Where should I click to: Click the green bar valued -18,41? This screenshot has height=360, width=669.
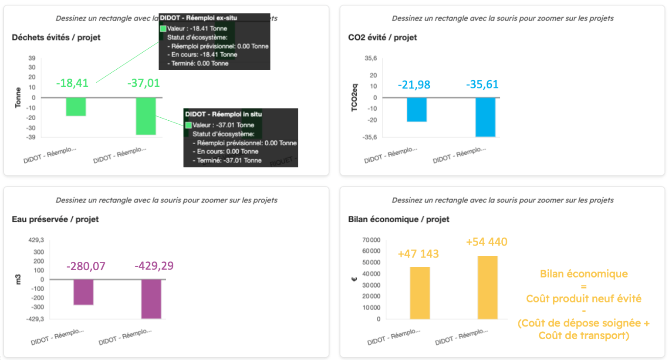pyautogui.click(x=76, y=107)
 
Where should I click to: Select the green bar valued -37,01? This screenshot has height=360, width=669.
pyautogui.click(x=146, y=116)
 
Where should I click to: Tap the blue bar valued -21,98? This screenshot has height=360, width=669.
pyautogui.click(x=416, y=109)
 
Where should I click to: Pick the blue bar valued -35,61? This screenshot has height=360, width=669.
pyautogui.click(x=485, y=117)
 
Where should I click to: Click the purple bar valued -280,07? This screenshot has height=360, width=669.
pyautogui.click(x=83, y=292)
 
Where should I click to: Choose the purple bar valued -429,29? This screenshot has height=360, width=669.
pyautogui.click(x=151, y=299)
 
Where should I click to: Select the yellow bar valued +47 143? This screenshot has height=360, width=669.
pyautogui.click(x=420, y=293)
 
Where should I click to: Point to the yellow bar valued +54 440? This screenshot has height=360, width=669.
pyautogui.click(x=487, y=288)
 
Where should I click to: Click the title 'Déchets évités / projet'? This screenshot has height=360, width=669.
pyautogui.click(x=56, y=37)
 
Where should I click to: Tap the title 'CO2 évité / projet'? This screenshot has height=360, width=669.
pyautogui.click(x=382, y=37)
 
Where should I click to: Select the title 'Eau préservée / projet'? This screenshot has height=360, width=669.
pyautogui.click(x=55, y=219)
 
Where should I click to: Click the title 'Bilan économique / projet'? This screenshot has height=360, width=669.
pyautogui.click(x=399, y=219)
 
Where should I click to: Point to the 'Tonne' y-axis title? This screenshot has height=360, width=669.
pyautogui.click(x=18, y=98)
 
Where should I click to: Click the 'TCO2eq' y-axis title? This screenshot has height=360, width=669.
pyautogui.click(x=355, y=98)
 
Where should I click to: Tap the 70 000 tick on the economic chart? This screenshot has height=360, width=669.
pyautogui.click(x=371, y=240)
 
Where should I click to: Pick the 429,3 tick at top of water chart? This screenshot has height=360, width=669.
pyautogui.click(x=36, y=240)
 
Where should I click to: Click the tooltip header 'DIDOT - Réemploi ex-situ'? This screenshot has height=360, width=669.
pyautogui.click(x=199, y=18)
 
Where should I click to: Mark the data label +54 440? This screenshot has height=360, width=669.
pyautogui.click(x=487, y=242)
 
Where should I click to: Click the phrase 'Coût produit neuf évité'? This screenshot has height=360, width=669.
pyautogui.click(x=584, y=299)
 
